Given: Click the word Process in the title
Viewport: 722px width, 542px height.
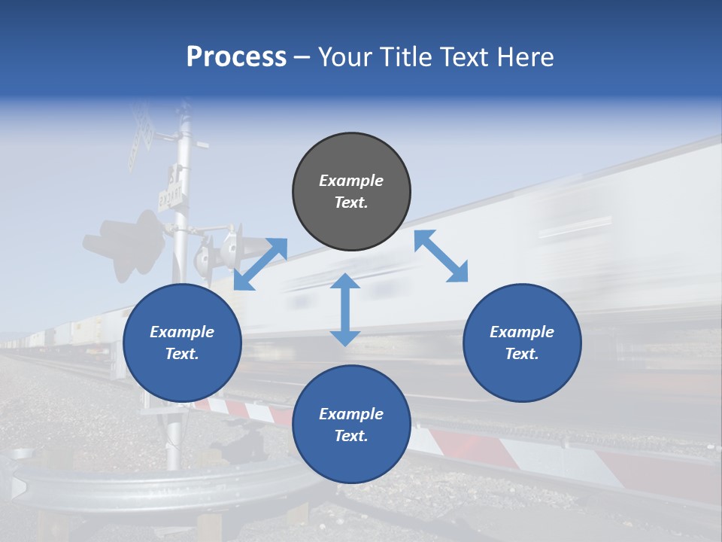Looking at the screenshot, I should click(x=236, y=57).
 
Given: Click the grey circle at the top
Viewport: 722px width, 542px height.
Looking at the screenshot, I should click(x=351, y=192).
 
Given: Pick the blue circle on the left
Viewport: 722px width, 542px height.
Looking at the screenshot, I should click(x=182, y=343).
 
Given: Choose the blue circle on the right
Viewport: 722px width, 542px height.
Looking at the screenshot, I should click(x=522, y=343).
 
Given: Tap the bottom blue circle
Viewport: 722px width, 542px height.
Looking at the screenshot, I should click(x=351, y=425).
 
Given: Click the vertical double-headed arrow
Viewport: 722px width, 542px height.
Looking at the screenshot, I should click(x=345, y=310).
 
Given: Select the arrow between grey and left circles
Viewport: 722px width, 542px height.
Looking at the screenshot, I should click(x=260, y=264).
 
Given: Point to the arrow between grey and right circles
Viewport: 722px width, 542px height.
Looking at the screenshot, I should click(x=441, y=256).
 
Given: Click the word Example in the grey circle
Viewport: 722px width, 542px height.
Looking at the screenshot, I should click(x=351, y=181).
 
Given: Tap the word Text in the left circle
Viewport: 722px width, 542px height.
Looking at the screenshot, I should click(x=182, y=354).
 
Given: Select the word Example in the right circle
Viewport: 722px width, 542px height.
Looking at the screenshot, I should click(x=522, y=332).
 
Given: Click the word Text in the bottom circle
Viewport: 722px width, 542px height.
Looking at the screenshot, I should click(x=351, y=436).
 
